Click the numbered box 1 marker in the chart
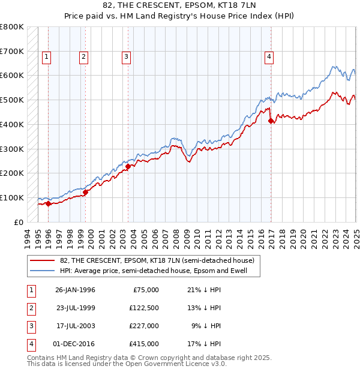coord(46,57)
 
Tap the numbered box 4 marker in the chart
coord(269,57)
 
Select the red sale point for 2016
coord(271,121)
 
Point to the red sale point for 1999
coord(85,193)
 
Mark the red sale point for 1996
coord(48,204)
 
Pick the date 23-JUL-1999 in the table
coord(75,308)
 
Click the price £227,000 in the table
coord(144,326)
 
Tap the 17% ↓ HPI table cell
coord(203,344)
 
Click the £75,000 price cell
coord(146,290)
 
